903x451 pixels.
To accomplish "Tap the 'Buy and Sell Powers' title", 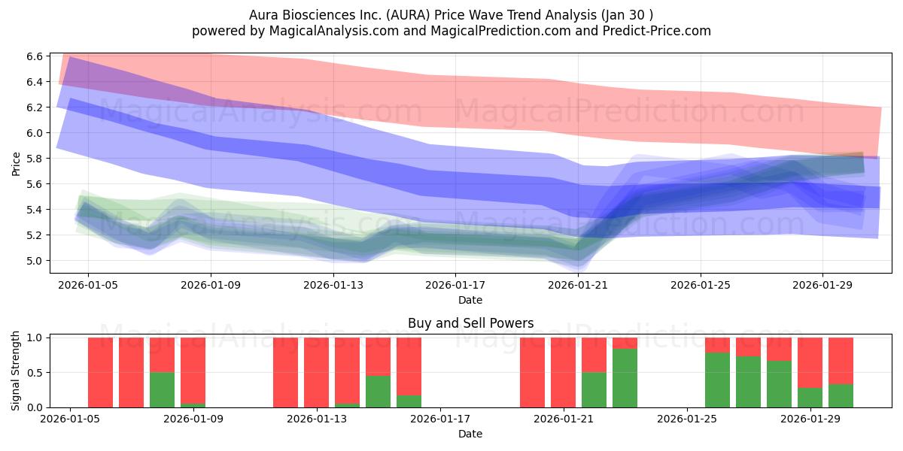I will [x=470, y=323].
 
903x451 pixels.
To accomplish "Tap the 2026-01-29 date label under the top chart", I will [x=822, y=286].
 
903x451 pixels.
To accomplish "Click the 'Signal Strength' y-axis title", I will [x=16, y=373].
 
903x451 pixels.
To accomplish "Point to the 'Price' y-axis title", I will [x=16, y=163].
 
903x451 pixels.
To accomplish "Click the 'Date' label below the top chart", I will [x=470, y=300].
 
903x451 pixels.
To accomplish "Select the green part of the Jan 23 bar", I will [x=625, y=378].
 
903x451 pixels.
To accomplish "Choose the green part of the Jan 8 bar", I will [x=162, y=390].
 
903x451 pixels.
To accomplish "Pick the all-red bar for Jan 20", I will [x=532, y=373].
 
